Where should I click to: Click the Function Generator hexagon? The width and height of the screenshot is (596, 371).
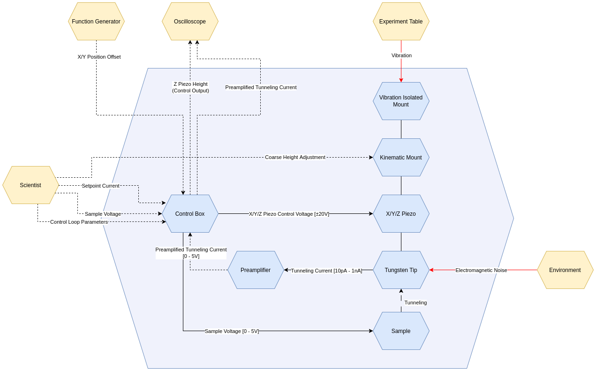[96, 22]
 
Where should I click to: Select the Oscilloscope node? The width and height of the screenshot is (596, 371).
[190, 22]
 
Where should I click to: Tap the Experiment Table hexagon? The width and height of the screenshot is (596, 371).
[401, 22]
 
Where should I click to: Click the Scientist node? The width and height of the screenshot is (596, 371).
[30, 185]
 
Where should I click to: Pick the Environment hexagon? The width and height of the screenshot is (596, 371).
[565, 270]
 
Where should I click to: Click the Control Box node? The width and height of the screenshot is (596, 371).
[190, 214]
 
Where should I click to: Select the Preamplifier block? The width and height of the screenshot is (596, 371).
[256, 270]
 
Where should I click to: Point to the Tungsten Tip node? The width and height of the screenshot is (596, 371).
[401, 270]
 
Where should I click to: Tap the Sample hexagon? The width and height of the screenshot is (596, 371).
[401, 331]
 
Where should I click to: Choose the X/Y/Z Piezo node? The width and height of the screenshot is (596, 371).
[401, 214]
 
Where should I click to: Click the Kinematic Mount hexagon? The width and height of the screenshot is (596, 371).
[401, 158]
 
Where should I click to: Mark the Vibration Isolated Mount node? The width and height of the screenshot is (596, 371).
[401, 101]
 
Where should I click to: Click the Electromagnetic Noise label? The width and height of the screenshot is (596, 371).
[481, 270]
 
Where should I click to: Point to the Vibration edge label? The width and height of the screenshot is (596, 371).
[401, 55]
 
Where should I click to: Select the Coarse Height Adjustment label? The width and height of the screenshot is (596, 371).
[295, 157]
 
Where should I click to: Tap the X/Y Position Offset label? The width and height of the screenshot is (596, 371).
[99, 57]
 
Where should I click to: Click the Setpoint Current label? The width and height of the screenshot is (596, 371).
[100, 186]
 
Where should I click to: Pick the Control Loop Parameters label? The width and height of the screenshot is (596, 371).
[79, 222]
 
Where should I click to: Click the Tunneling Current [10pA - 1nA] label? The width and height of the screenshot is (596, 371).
[326, 271]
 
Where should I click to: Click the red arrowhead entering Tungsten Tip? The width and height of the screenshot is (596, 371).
[431, 270]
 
